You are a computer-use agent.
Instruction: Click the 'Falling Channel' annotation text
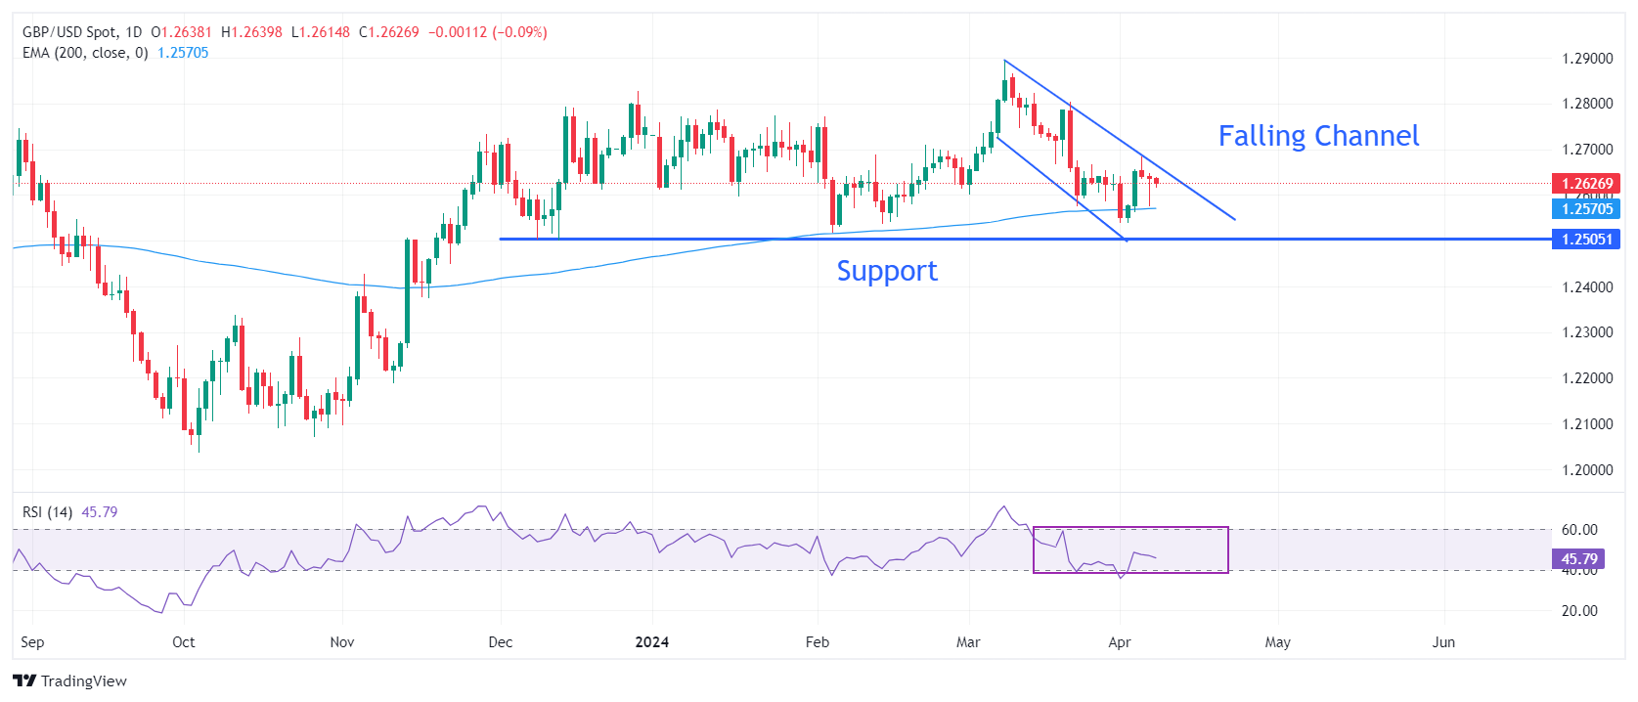[x=1318, y=136]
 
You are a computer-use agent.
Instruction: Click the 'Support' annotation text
[x=886, y=271]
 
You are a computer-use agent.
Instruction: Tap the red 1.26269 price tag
[x=1585, y=183]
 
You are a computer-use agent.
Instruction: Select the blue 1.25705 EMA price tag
[x=1585, y=208]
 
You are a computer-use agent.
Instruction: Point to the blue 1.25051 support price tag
[x=1585, y=240]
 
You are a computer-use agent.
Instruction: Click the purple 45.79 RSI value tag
[x=1577, y=559]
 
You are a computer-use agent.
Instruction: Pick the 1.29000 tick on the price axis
[x=1586, y=59]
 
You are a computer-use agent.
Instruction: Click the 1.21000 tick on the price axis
[x=1586, y=424]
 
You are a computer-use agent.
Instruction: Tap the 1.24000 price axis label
[x=1586, y=287]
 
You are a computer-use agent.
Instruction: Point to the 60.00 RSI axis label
[x=1578, y=530]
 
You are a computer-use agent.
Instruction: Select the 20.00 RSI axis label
[x=1578, y=611]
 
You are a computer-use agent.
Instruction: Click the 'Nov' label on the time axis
[x=342, y=642]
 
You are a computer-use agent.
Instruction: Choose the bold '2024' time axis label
[x=651, y=642]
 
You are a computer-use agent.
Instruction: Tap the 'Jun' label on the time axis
[x=1443, y=642]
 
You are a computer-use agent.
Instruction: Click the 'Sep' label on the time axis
[x=32, y=642]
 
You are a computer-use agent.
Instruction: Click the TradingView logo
[x=70, y=680]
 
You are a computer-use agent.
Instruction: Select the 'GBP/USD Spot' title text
[x=68, y=32]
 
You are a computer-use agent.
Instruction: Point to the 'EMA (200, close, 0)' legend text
[x=85, y=53]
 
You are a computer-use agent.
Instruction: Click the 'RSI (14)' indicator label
[x=47, y=512]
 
